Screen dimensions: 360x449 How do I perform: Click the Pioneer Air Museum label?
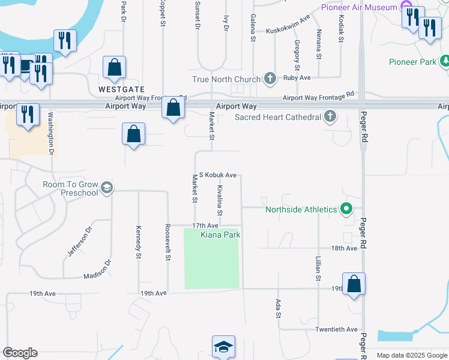(x=359, y=7)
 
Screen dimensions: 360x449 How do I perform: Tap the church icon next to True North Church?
(x=270, y=79)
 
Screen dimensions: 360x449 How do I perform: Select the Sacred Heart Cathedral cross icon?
(x=330, y=116)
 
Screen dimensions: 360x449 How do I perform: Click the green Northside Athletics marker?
(x=346, y=209)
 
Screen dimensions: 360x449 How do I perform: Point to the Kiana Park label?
(x=220, y=235)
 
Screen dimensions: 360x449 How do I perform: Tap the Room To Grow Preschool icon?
(x=106, y=188)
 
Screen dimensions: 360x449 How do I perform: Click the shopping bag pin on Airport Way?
(x=173, y=108)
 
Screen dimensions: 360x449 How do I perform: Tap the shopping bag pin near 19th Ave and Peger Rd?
(x=354, y=284)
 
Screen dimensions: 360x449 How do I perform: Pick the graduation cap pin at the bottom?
(x=223, y=346)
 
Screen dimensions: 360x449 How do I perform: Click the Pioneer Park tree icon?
(x=445, y=61)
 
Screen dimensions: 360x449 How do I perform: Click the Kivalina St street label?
(x=220, y=200)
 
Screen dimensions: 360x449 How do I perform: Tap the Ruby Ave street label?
(x=297, y=78)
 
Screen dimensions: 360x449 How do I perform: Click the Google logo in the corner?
(x=20, y=353)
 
